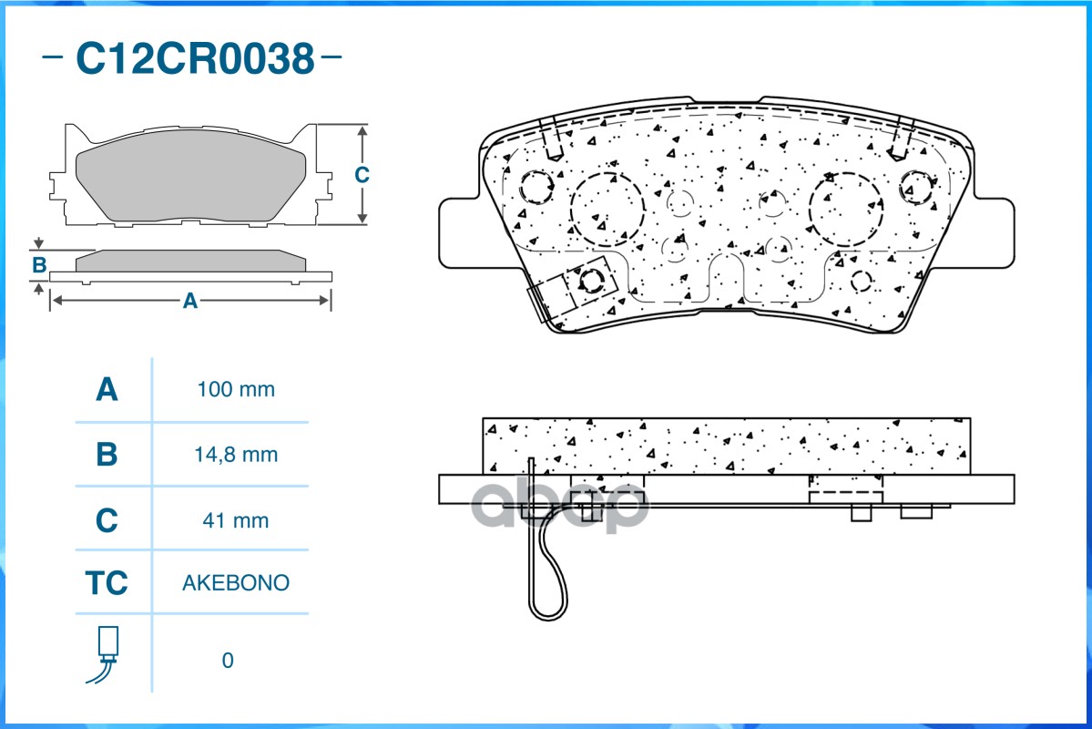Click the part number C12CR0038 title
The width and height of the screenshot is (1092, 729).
click(x=195, y=58)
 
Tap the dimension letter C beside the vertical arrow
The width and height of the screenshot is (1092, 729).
click(x=362, y=174)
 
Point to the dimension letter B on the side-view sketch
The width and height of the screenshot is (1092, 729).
click(x=39, y=265)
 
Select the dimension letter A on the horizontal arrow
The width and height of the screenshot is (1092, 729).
click(x=190, y=301)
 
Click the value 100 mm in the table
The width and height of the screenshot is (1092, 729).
click(x=235, y=389)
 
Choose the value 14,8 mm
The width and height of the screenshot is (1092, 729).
click(x=235, y=455)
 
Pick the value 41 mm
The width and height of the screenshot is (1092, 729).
click(x=235, y=520)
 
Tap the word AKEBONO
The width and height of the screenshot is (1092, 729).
click(x=235, y=582)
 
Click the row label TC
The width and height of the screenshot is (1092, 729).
click(x=107, y=582)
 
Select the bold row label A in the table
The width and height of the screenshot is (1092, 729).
click(x=107, y=389)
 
